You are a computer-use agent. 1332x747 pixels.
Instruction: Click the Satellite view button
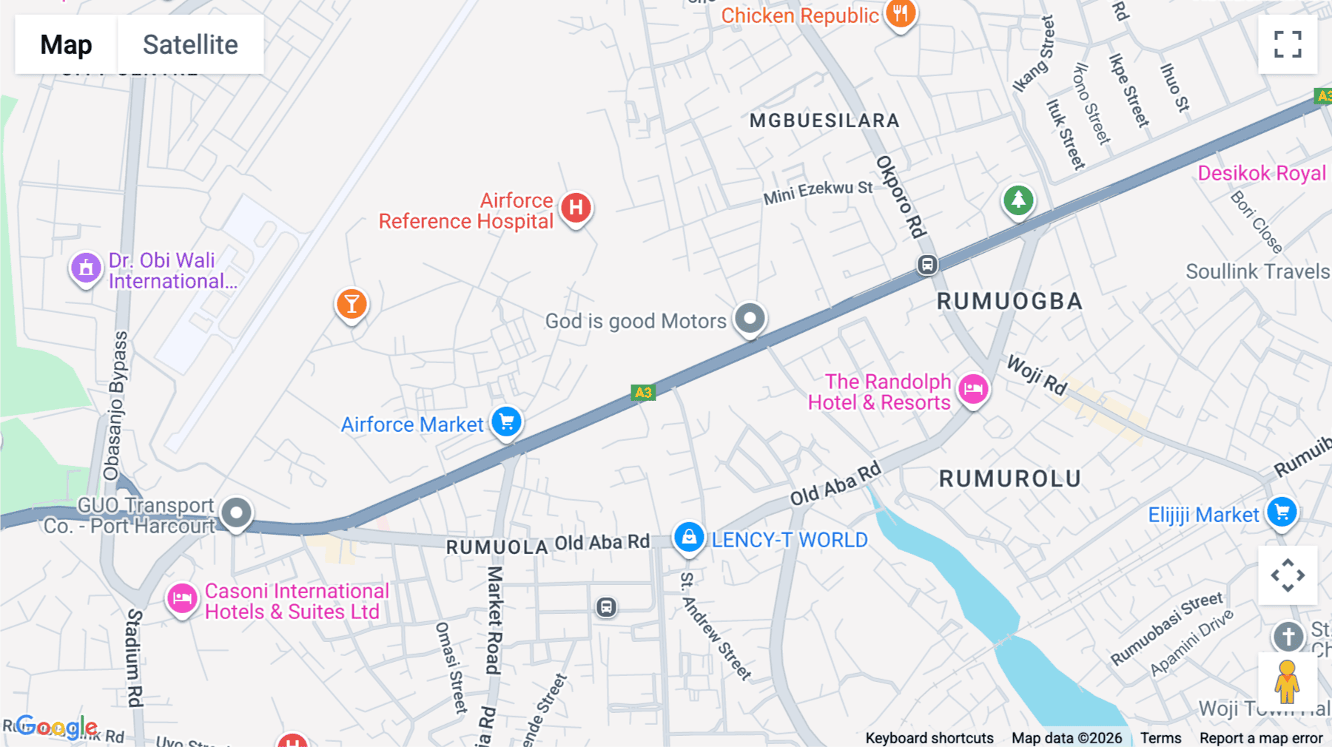pyautogui.click(x=190, y=44)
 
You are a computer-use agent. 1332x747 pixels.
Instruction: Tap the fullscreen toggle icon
pyautogui.click(x=1288, y=44)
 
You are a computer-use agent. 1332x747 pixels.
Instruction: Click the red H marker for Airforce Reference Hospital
pyautogui.click(x=576, y=209)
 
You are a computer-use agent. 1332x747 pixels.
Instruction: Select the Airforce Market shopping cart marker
pyautogui.click(x=507, y=422)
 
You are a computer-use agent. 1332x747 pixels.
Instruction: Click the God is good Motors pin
pyautogui.click(x=750, y=319)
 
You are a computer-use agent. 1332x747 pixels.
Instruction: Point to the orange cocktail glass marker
pyautogui.click(x=351, y=304)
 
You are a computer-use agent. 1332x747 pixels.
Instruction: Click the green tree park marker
pyautogui.click(x=1018, y=200)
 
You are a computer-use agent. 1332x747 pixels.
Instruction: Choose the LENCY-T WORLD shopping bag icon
pyautogui.click(x=689, y=537)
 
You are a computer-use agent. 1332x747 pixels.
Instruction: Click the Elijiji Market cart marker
pyautogui.click(x=1282, y=512)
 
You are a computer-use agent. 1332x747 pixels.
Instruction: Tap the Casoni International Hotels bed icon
pyautogui.click(x=182, y=598)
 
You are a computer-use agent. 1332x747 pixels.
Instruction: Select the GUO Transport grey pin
pyautogui.click(x=237, y=513)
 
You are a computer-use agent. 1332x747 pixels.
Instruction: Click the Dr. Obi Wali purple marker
pyautogui.click(x=86, y=268)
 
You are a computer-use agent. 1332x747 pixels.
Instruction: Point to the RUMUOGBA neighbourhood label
pyautogui.click(x=1009, y=302)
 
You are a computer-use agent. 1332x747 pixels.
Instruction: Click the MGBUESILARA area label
pyautogui.click(x=824, y=121)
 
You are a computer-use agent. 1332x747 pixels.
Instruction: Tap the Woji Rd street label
pyautogui.click(x=1037, y=375)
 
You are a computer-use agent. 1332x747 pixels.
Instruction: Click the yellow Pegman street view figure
pyautogui.click(x=1288, y=682)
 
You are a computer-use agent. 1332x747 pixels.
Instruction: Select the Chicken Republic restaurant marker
pyautogui.click(x=901, y=13)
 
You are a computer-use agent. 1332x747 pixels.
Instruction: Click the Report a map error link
pyautogui.click(x=1261, y=738)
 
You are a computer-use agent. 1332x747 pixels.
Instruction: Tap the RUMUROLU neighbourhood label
pyautogui.click(x=1010, y=479)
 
